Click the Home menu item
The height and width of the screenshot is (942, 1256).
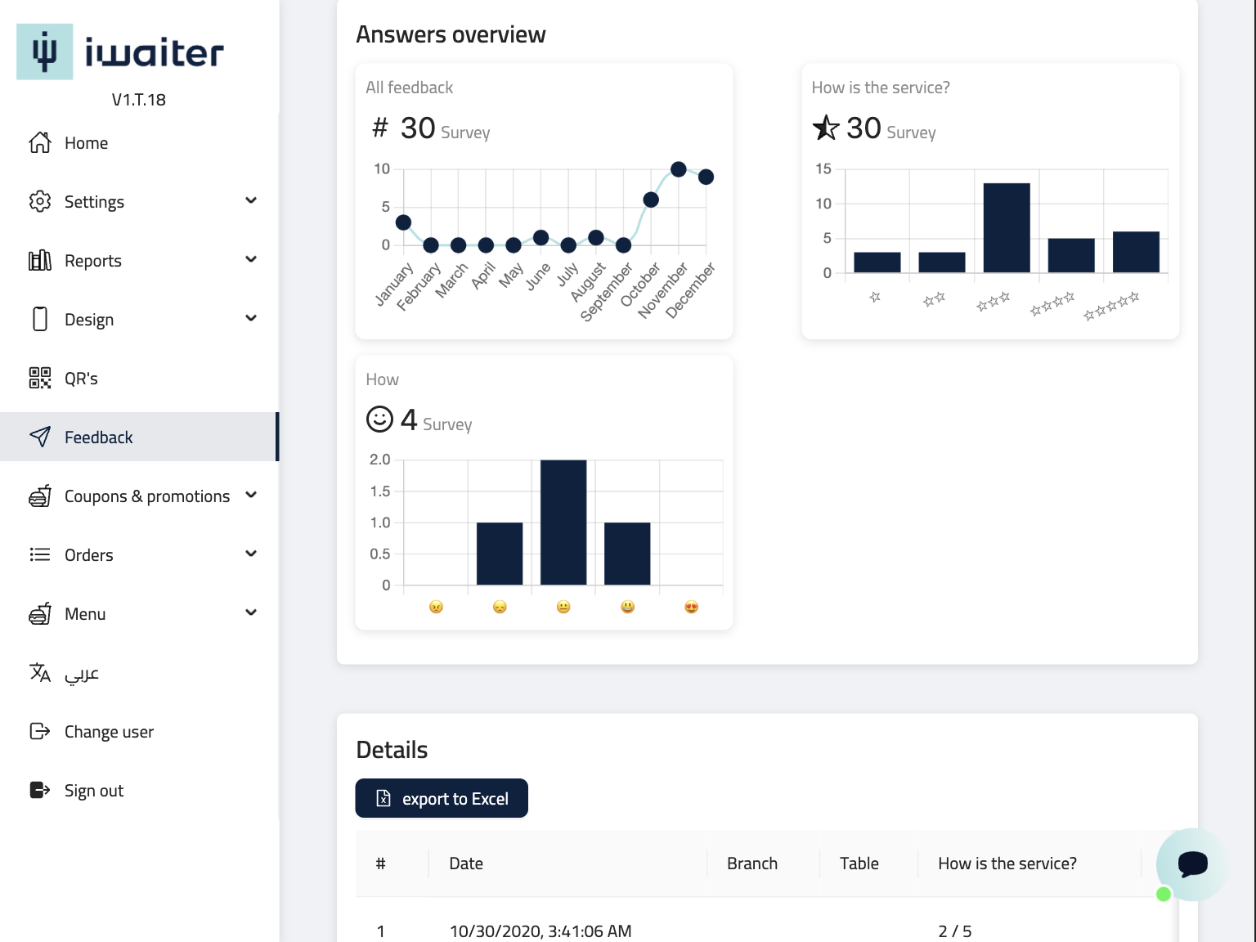pyautogui.click(x=85, y=143)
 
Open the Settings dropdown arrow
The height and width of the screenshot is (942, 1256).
pyautogui.click(x=251, y=200)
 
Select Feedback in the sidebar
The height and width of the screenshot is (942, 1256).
pyautogui.click(x=98, y=437)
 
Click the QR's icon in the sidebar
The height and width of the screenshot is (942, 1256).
pyautogui.click(x=40, y=378)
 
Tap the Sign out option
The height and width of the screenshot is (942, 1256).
pyautogui.click(x=93, y=791)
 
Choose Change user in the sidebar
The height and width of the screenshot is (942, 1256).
pyautogui.click(x=109, y=732)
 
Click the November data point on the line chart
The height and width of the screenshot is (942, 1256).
pyautogui.click(x=678, y=169)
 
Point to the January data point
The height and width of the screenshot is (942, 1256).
pyautogui.click(x=403, y=222)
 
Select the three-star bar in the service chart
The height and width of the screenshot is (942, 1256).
pyautogui.click(x=1006, y=227)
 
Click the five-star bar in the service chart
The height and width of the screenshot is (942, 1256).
pyautogui.click(x=1136, y=252)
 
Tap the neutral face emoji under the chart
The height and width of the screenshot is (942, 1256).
pyautogui.click(x=563, y=607)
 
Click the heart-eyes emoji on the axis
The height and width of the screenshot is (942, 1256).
pyautogui.click(x=691, y=607)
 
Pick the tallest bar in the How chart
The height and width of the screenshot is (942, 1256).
pyautogui.click(x=563, y=522)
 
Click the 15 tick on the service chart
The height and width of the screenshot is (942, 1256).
pyautogui.click(x=823, y=169)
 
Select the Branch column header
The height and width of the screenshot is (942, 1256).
pyautogui.click(x=751, y=863)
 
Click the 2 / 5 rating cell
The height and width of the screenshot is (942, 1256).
pyautogui.click(x=954, y=931)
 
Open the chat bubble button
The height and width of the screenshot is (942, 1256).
pyautogui.click(x=1191, y=863)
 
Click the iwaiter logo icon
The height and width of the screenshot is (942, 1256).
pyautogui.click(x=45, y=52)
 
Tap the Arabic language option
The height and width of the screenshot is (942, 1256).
pyautogui.click(x=81, y=673)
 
